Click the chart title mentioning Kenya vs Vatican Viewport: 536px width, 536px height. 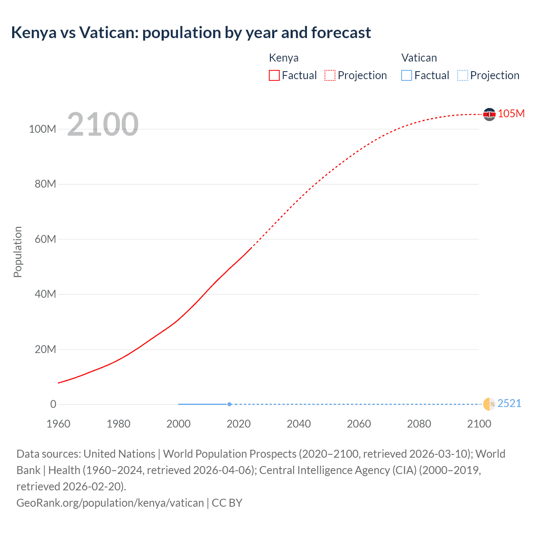(x=191, y=33)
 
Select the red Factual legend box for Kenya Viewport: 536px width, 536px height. (x=274, y=75)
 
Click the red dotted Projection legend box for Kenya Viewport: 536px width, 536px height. (x=330, y=75)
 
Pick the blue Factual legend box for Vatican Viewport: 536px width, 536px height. (x=407, y=75)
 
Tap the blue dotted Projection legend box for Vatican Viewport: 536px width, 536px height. (x=463, y=75)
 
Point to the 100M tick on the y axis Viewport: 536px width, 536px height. (x=42, y=129)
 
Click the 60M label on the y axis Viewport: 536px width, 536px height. (x=45, y=239)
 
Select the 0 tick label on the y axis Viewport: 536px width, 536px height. (x=53, y=404)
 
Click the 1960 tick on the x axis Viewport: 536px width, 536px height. (x=58, y=424)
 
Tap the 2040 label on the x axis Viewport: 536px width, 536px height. (x=299, y=424)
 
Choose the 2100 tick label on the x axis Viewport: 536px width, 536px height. (x=479, y=424)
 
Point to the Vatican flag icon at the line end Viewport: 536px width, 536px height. (x=489, y=404)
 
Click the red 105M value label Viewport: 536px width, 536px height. (x=511, y=113)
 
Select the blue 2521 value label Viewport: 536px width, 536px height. (x=510, y=403)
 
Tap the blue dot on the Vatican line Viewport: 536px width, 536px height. (x=229, y=404)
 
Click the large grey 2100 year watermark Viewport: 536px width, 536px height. (x=103, y=124)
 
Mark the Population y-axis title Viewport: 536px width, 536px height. (x=18, y=252)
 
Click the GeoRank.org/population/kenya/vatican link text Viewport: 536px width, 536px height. (x=110, y=502)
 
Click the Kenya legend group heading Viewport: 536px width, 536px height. (x=283, y=58)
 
